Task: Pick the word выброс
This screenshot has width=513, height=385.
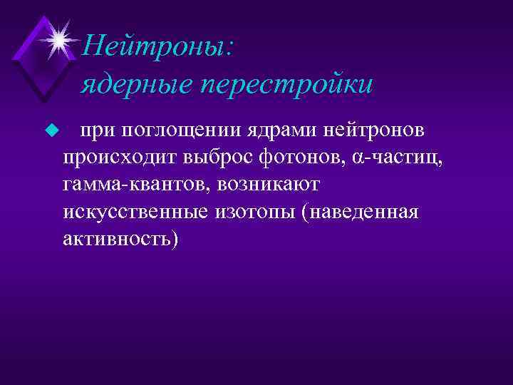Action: point(213,158)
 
